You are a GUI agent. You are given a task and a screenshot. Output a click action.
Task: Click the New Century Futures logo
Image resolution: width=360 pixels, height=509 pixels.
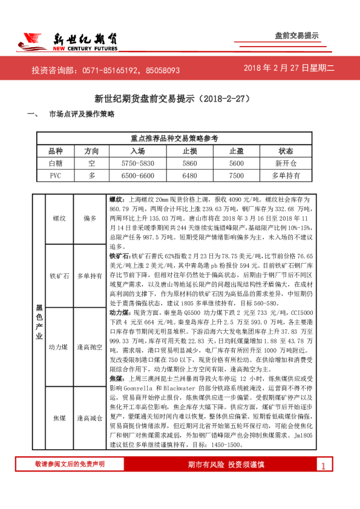click(x=67, y=41)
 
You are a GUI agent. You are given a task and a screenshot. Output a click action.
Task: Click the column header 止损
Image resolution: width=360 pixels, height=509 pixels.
click(x=189, y=151)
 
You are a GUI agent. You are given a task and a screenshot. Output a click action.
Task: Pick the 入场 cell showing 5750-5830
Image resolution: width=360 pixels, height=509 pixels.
click(x=138, y=163)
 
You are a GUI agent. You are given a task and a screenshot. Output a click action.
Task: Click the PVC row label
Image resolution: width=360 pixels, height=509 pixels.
click(x=56, y=175)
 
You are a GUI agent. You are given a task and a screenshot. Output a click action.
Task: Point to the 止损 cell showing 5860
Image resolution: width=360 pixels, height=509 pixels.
click(x=189, y=163)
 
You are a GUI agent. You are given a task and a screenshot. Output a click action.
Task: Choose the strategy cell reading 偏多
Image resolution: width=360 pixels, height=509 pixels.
click(x=90, y=218)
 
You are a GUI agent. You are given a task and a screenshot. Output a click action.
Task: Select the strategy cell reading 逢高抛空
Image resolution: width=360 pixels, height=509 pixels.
click(x=90, y=347)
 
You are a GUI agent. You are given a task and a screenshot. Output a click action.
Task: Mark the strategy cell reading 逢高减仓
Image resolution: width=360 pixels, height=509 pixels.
click(x=90, y=418)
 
